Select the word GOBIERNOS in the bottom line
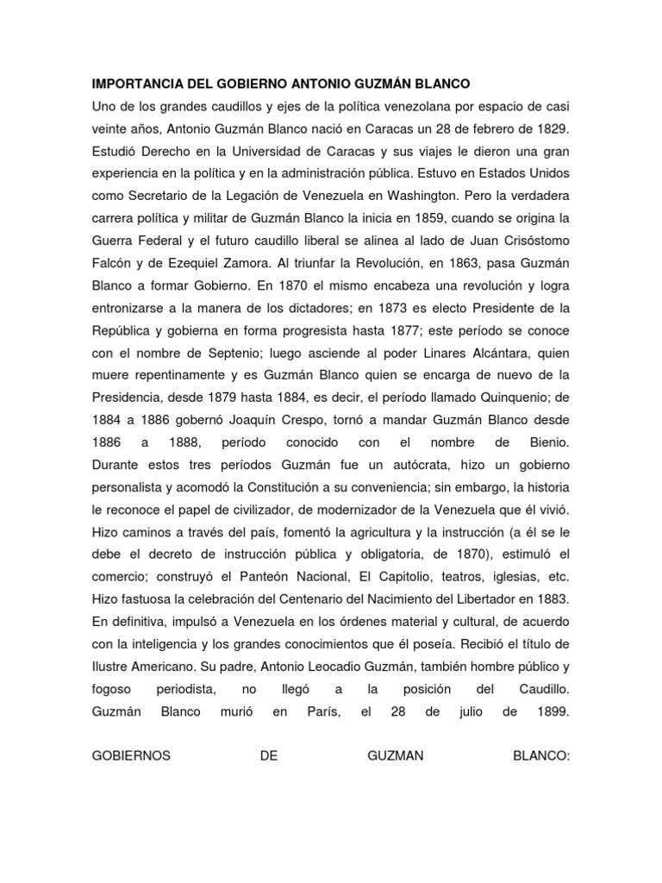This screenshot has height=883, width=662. [x=132, y=756]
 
